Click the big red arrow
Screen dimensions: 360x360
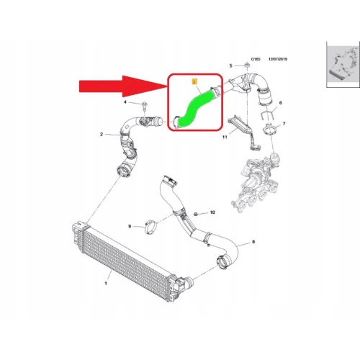click(x=122, y=86)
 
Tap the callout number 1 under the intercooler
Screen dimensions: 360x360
click(x=106, y=284)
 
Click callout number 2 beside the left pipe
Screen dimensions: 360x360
click(x=102, y=135)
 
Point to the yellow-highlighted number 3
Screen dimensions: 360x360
click(x=194, y=82)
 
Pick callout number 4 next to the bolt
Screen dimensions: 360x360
click(x=125, y=102)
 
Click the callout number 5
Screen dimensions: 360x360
click(x=231, y=66)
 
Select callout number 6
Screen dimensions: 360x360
click(x=281, y=103)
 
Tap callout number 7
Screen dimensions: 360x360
click(x=284, y=124)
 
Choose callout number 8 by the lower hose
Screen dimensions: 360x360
click(x=253, y=242)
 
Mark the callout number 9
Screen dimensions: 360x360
click(x=130, y=226)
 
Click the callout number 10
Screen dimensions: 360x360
click(x=212, y=212)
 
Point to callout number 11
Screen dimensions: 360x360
click(x=225, y=137)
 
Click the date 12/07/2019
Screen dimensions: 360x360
click(x=278, y=59)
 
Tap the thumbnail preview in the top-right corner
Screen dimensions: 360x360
click(x=343, y=64)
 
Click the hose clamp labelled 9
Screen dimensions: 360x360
click(x=150, y=227)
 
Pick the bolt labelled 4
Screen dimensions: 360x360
click(x=145, y=106)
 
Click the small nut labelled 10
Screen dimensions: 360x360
click(x=196, y=214)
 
